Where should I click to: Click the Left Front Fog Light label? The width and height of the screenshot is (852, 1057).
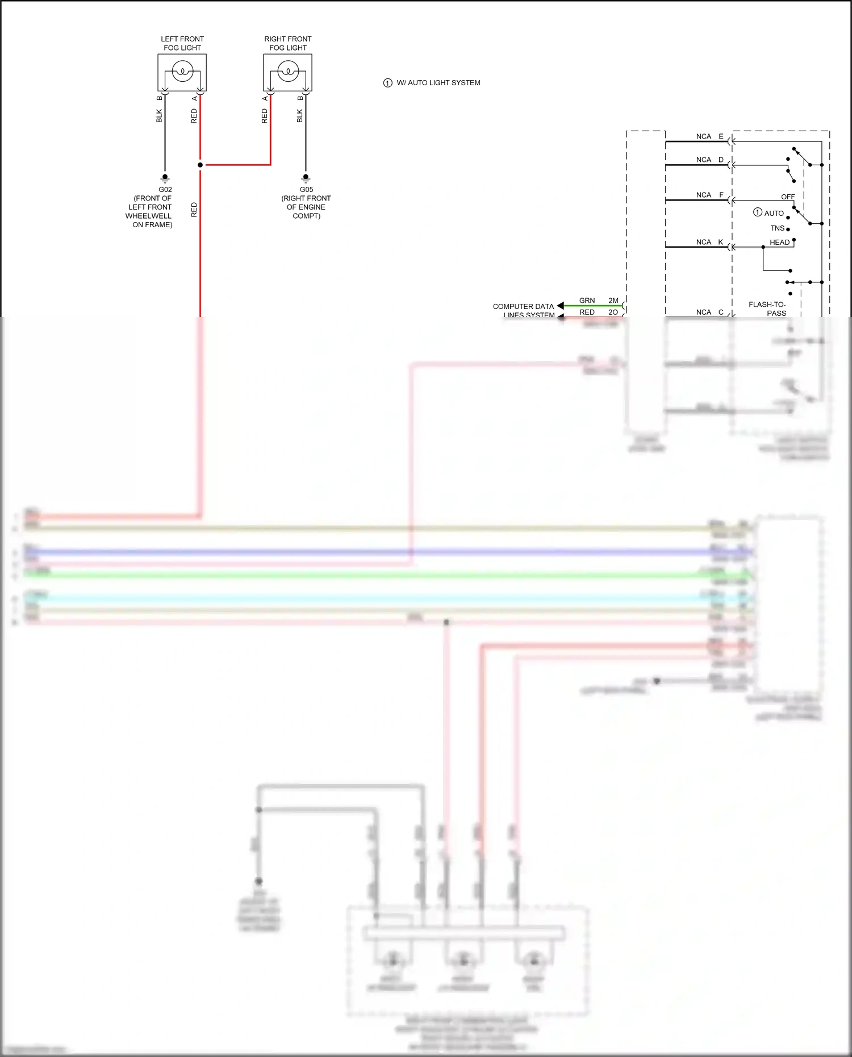pos(182,43)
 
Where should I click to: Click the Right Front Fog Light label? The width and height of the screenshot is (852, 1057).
pos(287,43)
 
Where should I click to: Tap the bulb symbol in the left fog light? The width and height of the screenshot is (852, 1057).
pos(182,72)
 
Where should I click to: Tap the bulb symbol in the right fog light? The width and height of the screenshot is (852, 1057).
pos(288,72)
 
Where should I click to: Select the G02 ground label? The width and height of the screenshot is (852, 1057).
pos(165,190)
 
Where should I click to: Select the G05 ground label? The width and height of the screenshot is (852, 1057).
pos(306,190)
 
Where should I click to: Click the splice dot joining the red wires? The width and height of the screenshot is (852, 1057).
pos(200,165)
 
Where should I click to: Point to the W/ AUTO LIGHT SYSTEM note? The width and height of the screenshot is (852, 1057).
pos(438,83)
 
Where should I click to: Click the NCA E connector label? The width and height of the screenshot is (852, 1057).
pos(709,136)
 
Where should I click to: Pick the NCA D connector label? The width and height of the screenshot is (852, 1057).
pos(709,160)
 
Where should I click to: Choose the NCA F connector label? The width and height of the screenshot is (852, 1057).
pos(709,195)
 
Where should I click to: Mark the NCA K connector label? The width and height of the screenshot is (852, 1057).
pos(709,242)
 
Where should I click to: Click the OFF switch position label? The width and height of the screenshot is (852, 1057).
pos(788,197)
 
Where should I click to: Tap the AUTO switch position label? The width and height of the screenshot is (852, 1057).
pos(774,213)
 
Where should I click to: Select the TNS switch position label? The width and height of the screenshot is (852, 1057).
pos(777,228)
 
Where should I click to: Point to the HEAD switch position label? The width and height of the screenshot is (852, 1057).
pos(779,243)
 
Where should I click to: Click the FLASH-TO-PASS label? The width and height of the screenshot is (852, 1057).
pos(767,308)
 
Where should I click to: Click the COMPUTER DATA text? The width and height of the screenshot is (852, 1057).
pos(523,306)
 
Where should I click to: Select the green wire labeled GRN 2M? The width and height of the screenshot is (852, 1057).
pos(591,306)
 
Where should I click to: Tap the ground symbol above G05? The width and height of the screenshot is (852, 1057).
pos(306,178)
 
